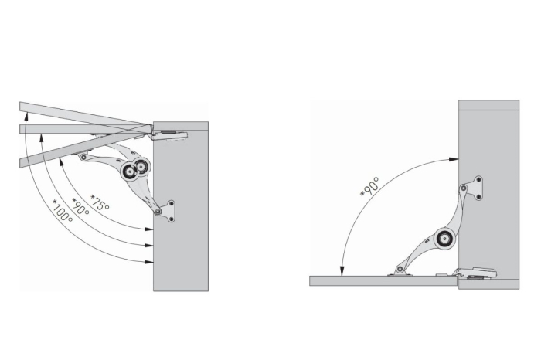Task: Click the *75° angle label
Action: pos(100,202)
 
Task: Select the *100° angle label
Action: pos(62,212)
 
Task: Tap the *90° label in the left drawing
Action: pos(81,207)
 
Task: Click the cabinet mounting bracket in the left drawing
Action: pos(166,209)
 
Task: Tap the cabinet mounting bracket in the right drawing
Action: pos(474,187)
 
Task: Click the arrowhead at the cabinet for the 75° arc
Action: pos(149,228)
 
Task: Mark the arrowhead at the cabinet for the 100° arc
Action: pos(149,263)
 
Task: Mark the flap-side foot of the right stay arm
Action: pos(400,270)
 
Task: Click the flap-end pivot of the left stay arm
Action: pos(82,155)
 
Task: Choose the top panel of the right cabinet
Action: pos(488,105)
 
